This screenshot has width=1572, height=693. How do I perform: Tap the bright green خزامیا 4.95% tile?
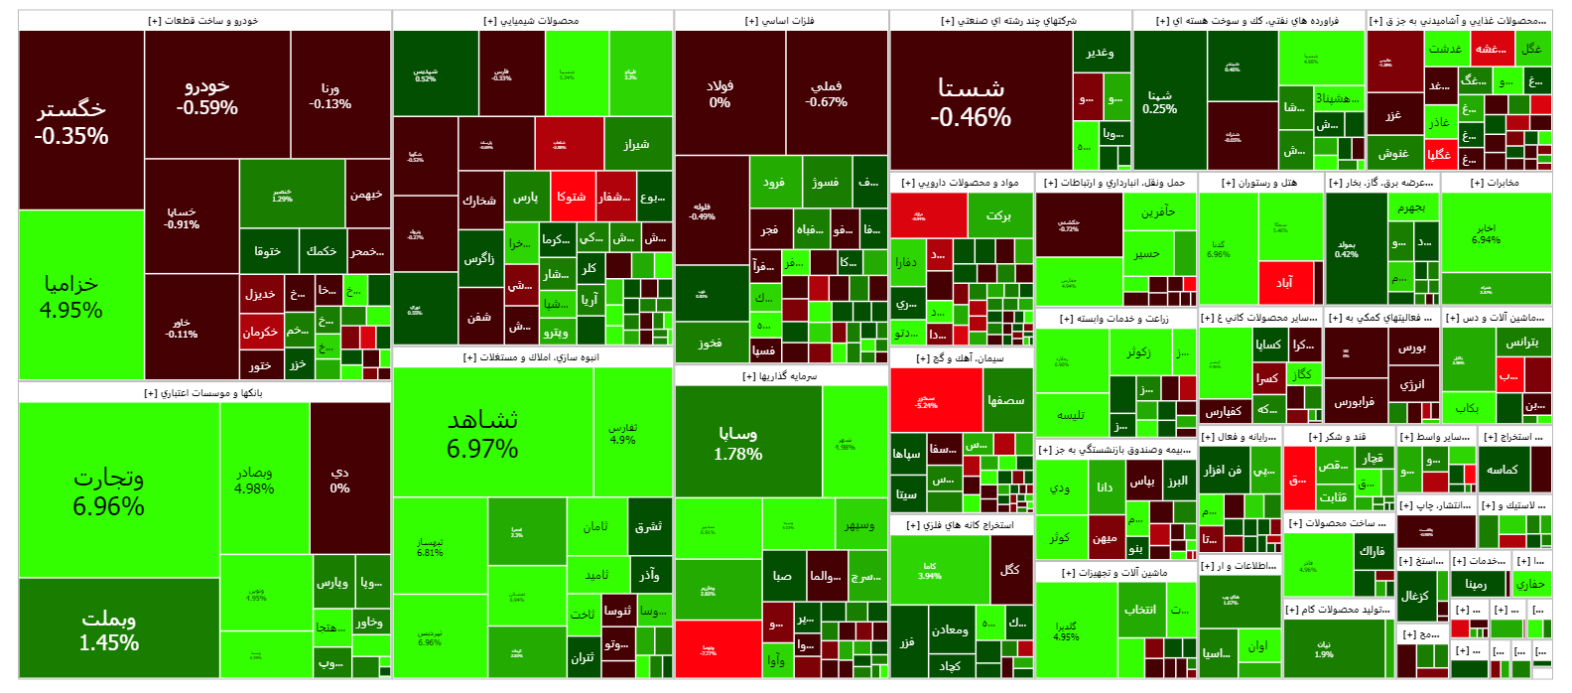tap(70, 296)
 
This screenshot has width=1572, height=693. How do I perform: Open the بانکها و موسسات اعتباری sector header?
tap(204, 393)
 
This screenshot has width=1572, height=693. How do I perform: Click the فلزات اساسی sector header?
tap(780, 21)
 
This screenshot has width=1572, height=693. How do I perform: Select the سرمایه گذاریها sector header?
tap(780, 376)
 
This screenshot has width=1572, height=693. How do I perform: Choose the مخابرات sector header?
tap(1495, 183)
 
